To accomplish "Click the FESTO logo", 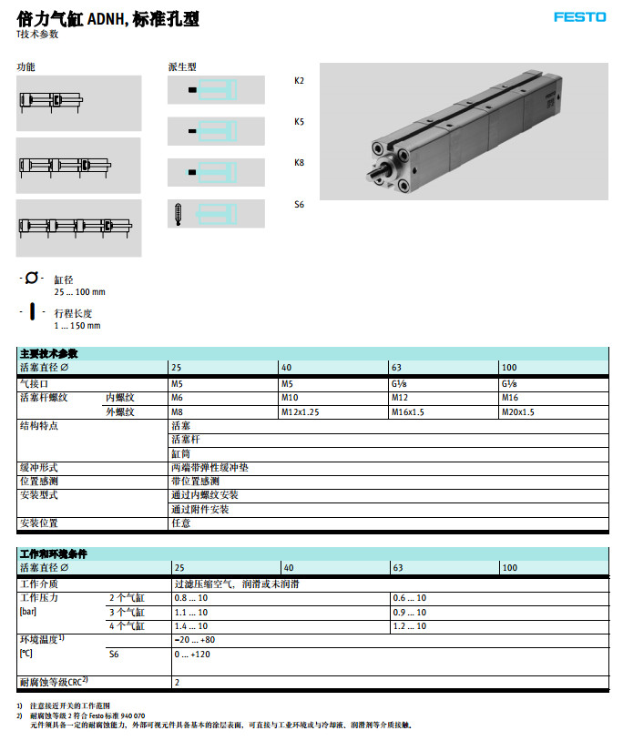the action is [x=579, y=17].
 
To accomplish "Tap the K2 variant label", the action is [x=299, y=81].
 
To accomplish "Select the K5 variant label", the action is [x=299, y=122].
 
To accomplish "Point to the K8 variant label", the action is [x=299, y=163].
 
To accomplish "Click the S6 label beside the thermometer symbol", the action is [x=299, y=205].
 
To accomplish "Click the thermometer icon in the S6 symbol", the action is [x=179, y=214].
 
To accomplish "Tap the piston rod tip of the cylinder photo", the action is [x=370, y=177].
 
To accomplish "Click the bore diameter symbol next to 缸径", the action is [x=32, y=278].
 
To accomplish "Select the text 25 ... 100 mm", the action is [x=79, y=292].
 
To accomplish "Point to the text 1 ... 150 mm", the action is [x=77, y=326].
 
